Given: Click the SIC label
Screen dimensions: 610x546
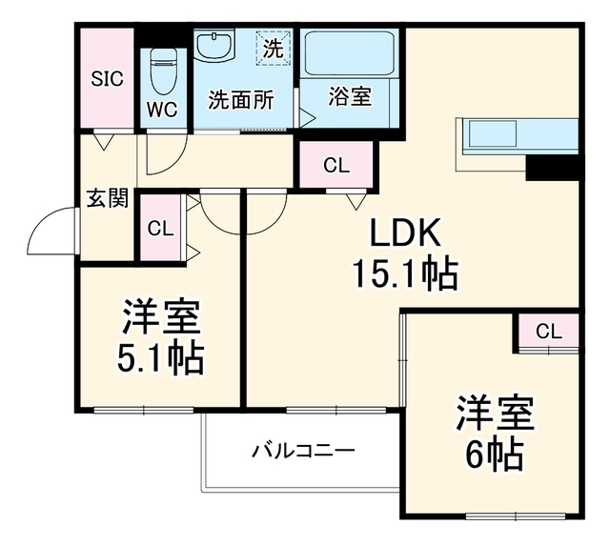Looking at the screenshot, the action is [107, 79].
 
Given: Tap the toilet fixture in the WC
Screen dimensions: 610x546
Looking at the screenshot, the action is [164, 71].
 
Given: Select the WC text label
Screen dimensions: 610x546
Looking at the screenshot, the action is [162, 110].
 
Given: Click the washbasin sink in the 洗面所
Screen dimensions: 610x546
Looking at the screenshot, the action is [214, 47].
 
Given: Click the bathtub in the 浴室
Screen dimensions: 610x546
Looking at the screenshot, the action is [350, 53].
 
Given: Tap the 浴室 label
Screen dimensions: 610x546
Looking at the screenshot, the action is [350, 96].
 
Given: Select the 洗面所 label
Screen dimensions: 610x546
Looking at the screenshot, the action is [241, 100].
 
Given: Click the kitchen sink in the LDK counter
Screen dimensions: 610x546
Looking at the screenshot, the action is [493, 133].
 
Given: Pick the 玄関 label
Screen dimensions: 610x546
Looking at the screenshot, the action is [108, 198].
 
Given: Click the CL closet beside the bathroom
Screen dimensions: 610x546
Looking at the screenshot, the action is [336, 165].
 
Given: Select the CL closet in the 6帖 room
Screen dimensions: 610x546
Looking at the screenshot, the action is [549, 332].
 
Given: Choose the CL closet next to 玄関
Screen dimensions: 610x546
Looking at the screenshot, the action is [160, 228].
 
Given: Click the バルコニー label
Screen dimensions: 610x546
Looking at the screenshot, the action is [303, 451].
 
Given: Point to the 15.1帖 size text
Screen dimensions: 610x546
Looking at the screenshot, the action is [405, 273].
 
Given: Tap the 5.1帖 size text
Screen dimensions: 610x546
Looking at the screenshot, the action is [161, 357].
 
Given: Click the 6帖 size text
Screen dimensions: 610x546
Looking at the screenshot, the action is [494, 454].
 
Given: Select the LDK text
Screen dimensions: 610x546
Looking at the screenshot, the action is [405, 233].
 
